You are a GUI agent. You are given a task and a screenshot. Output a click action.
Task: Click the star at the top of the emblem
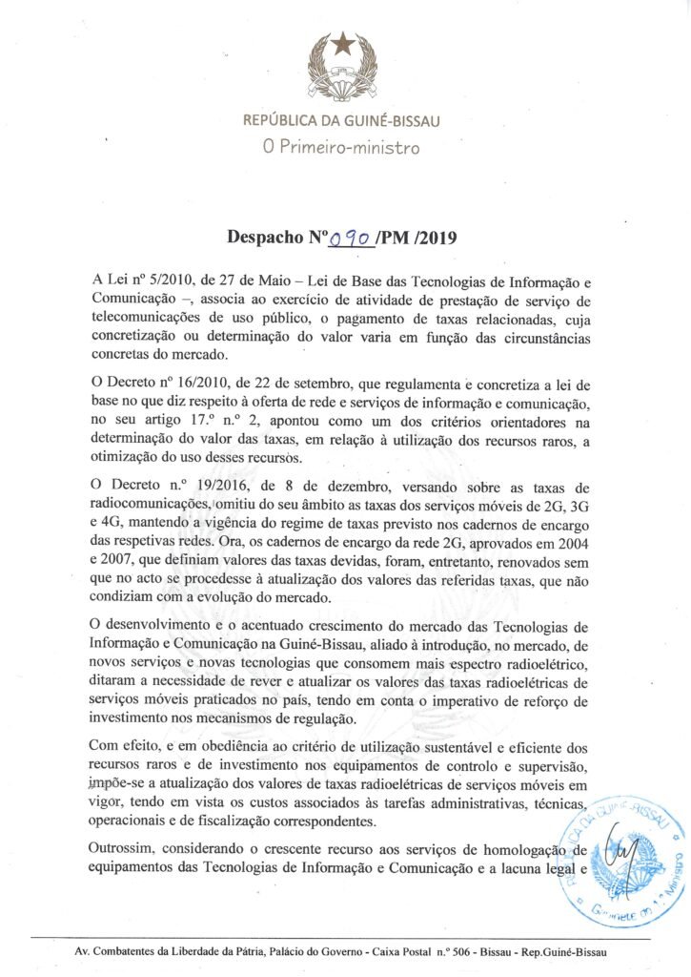point(343,44)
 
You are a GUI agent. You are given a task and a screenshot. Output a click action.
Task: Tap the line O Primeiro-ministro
point(341,148)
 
